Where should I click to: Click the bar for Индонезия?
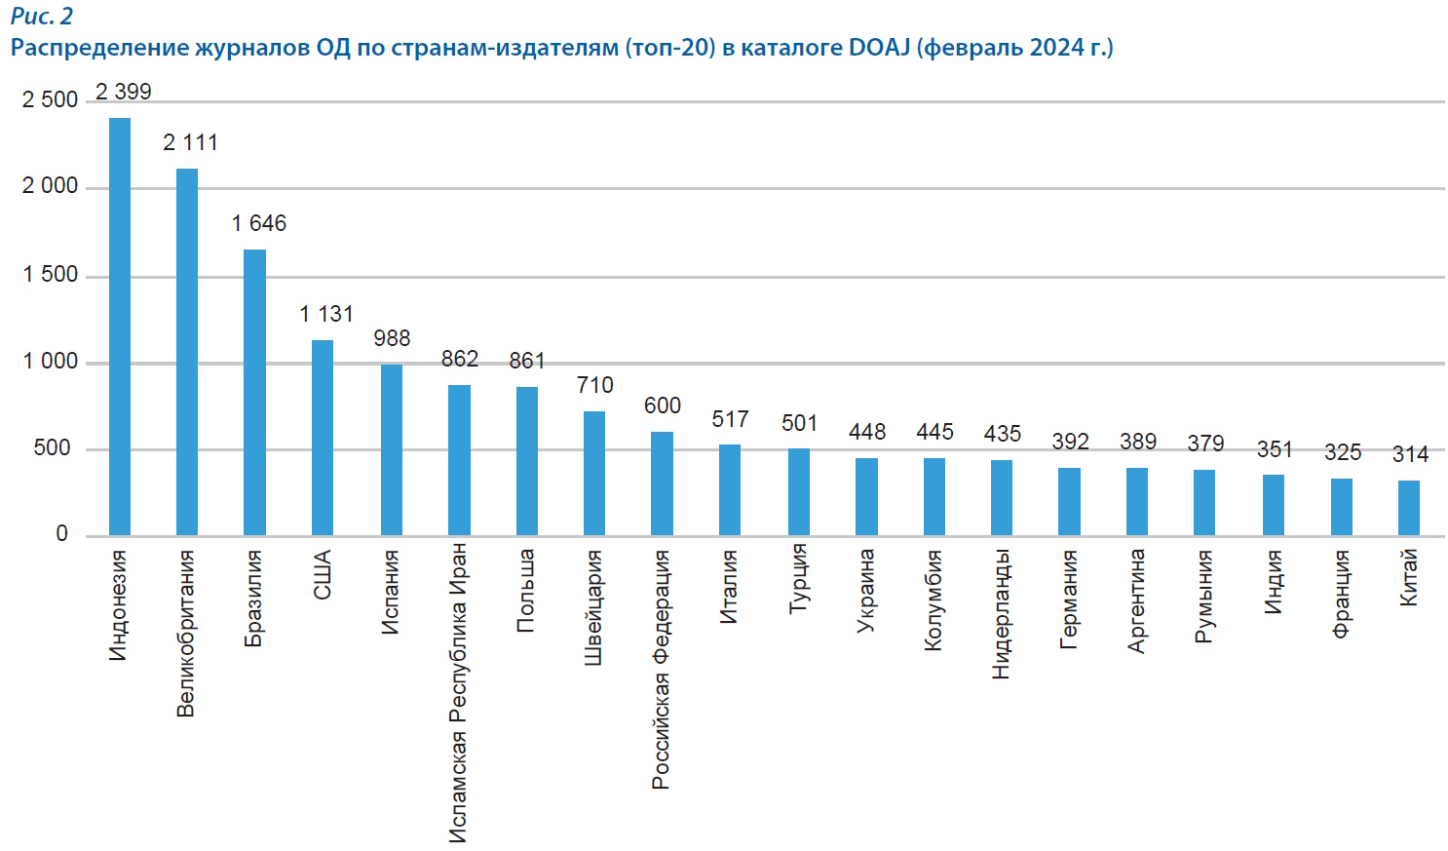[x=119, y=327]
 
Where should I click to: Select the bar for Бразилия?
[x=254, y=392]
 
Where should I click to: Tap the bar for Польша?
[x=526, y=461]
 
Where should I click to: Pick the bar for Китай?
[x=1408, y=508]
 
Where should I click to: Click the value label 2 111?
[x=190, y=143]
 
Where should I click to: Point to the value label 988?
[x=392, y=338]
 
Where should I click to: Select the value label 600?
[x=663, y=406]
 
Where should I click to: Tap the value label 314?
[x=1410, y=454]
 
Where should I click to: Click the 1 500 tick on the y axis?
[x=51, y=275]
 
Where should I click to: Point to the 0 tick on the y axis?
[x=62, y=534]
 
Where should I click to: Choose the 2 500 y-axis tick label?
[x=51, y=100]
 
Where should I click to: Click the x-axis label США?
[x=323, y=575]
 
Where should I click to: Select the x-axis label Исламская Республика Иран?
[x=458, y=693]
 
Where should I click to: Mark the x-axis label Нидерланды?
[x=1001, y=614]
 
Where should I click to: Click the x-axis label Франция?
[x=1341, y=594]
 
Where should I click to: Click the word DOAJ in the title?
[x=879, y=48]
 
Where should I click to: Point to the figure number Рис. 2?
[x=41, y=17]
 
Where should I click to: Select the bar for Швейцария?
[x=594, y=473]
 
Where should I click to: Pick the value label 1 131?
[x=326, y=314]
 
